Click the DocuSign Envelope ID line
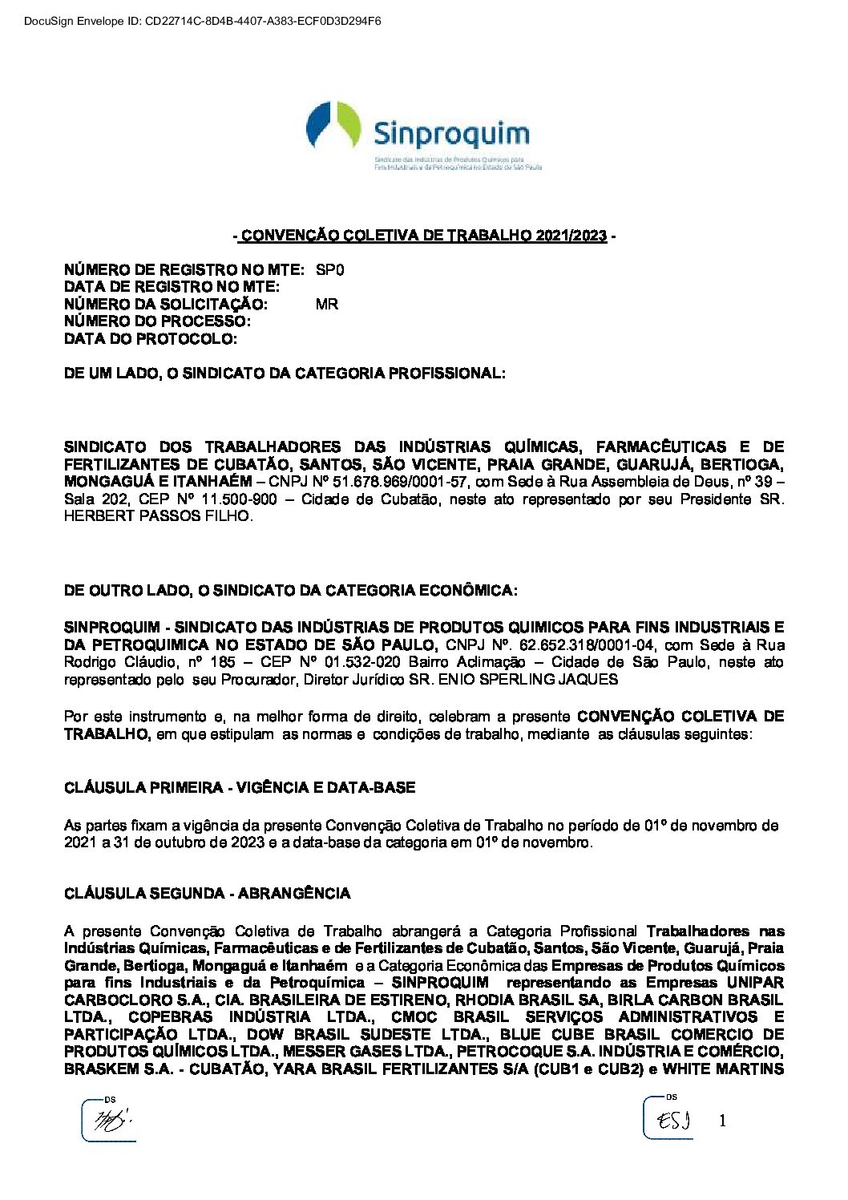click(x=192, y=21)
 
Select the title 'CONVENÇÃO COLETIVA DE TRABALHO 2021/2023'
click(x=424, y=236)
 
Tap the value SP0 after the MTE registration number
click(x=329, y=270)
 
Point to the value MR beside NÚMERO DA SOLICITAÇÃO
click(x=327, y=305)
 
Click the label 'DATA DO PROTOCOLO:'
click(x=151, y=339)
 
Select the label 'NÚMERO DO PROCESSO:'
click(x=158, y=321)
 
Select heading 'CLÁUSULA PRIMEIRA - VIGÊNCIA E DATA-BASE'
click(x=240, y=788)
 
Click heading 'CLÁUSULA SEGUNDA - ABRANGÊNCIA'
click(x=207, y=893)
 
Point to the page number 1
click(x=722, y=1121)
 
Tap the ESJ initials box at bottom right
click(x=668, y=1117)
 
